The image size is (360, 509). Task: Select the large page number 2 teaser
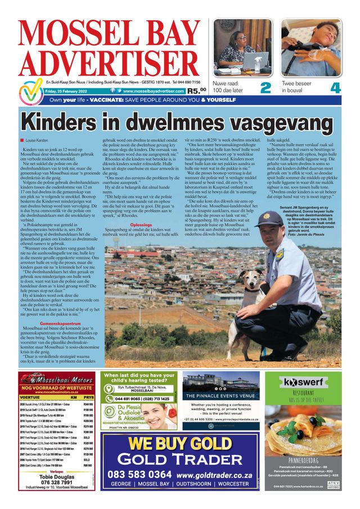pyautogui.click(x=265, y=88)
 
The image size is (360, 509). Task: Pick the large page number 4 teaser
pyautogui.click(x=335, y=88)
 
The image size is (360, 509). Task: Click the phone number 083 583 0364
pyautogui.click(x=139, y=474)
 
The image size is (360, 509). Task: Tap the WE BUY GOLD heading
pyautogui.click(x=179, y=443)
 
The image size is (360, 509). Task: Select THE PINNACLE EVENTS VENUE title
pyautogui.click(x=220, y=395)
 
